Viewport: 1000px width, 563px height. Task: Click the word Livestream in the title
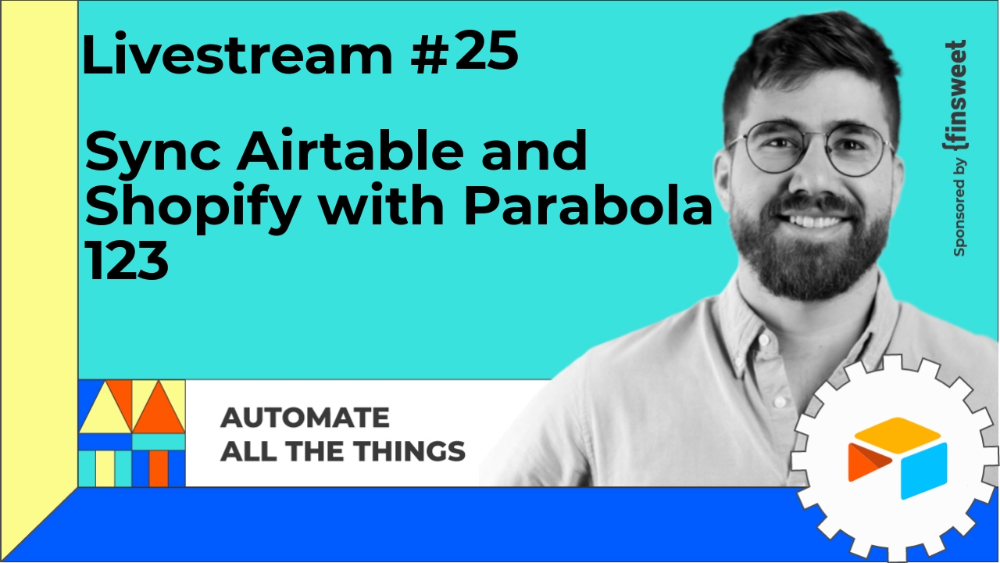[x=237, y=54]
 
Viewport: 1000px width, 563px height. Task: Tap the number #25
[x=464, y=52]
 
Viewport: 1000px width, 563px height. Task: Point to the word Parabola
[x=588, y=203]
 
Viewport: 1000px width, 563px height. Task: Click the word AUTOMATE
[x=305, y=418]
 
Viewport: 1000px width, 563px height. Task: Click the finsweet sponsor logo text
[x=955, y=96]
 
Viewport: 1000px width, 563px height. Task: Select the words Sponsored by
[x=959, y=208]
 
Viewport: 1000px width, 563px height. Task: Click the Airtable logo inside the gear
[x=898, y=458]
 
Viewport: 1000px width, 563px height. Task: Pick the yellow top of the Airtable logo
[x=898, y=429]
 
